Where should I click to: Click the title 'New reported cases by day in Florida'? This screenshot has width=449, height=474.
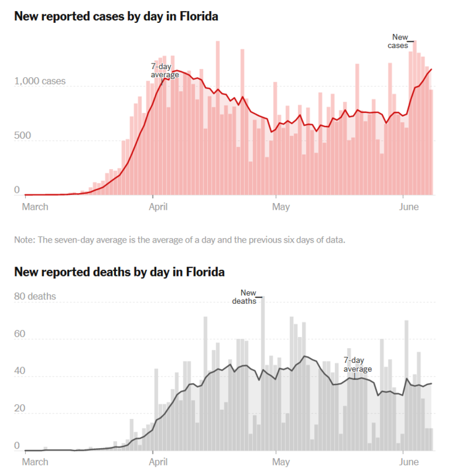click(x=116, y=17)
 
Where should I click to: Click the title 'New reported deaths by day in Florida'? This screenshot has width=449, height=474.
click(x=119, y=272)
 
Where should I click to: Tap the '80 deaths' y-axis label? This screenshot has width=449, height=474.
click(x=35, y=296)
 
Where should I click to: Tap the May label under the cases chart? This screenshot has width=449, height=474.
click(x=281, y=206)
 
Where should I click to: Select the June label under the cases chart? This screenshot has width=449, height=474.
click(x=406, y=206)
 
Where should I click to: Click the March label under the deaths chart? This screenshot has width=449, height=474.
click(x=35, y=462)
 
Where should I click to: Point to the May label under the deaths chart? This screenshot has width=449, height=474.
click(x=281, y=462)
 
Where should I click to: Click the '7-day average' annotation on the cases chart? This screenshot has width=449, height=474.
click(x=165, y=70)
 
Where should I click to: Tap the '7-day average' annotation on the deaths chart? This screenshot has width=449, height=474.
click(x=358, y=364)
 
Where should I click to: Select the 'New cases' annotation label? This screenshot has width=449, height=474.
click(x=398, y=41)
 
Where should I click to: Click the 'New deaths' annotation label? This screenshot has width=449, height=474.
click(x=245, y=297)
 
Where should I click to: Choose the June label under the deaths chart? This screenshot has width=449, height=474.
click(x=406, y=462)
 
